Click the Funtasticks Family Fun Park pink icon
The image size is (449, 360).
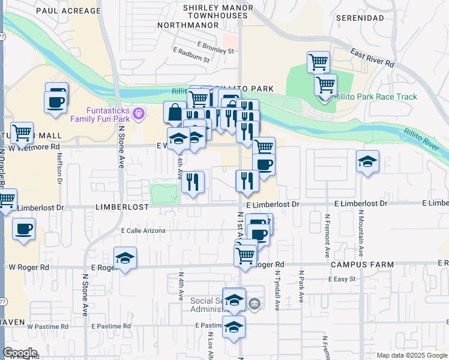pos(139,112)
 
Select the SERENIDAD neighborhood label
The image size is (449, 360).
pos(360,19)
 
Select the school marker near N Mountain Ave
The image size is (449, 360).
pos(367,162)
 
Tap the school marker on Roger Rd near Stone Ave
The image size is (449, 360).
pos(125,259)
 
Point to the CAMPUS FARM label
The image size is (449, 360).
pos(361,265)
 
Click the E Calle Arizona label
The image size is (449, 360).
pos(143,230)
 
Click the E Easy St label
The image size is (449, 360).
pos(342,279)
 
